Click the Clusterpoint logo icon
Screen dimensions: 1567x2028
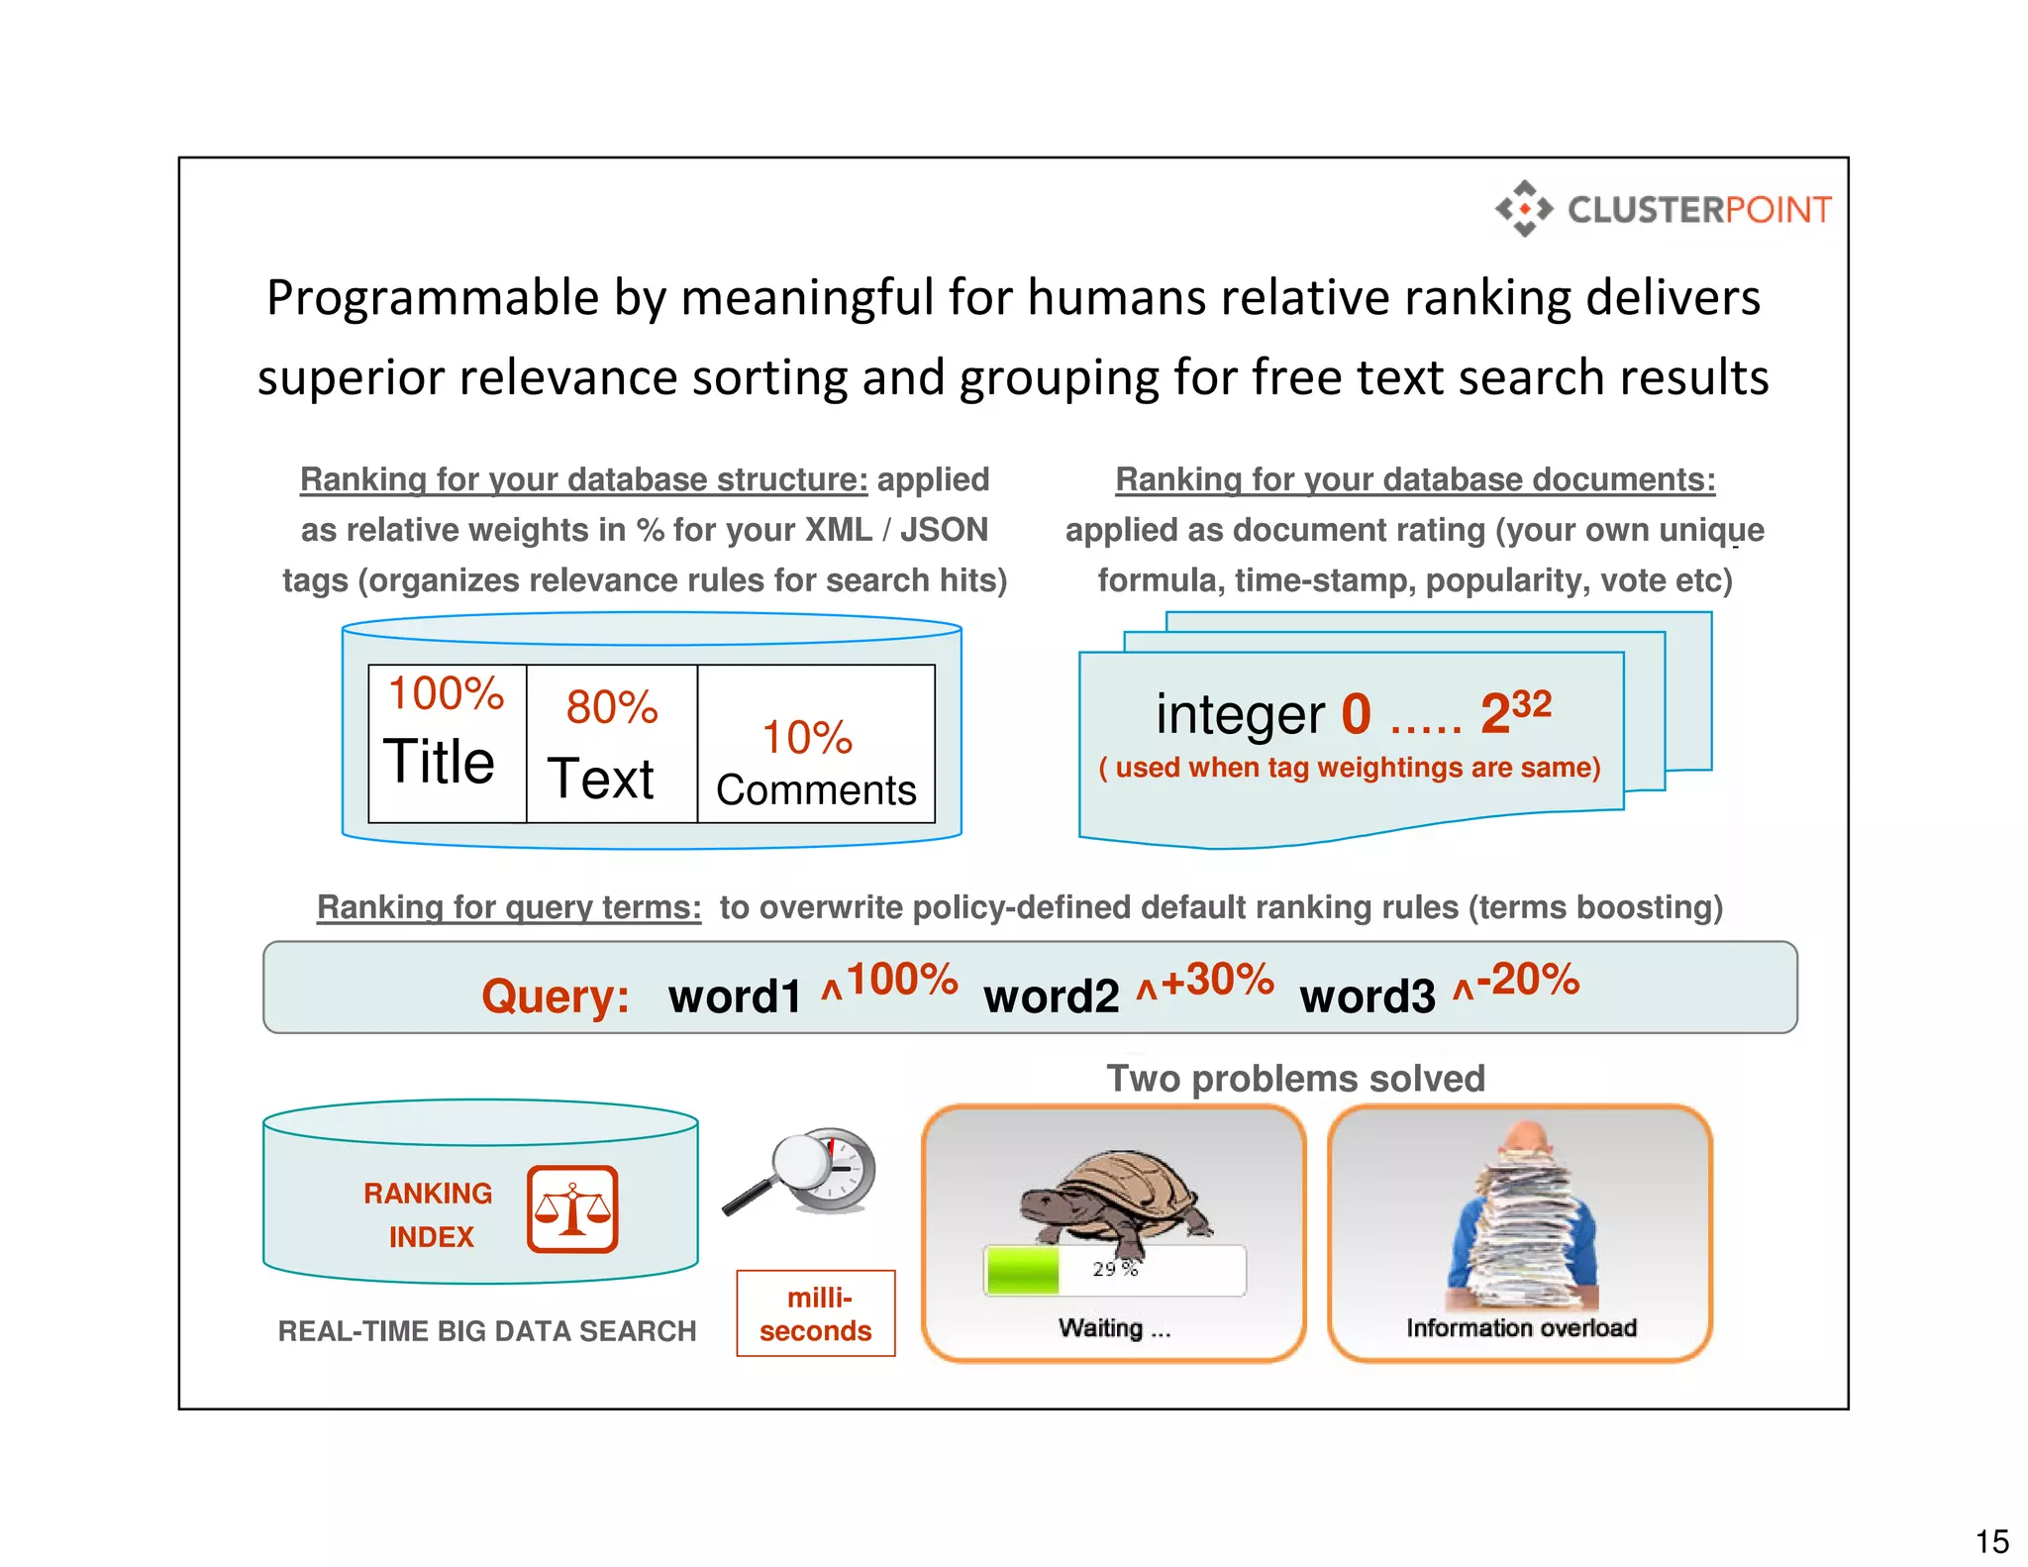pos(1524,209)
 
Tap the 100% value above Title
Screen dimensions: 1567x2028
pos(446,693)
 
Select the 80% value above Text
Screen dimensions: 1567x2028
pos(612,707)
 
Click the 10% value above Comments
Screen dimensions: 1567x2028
pos(807,738)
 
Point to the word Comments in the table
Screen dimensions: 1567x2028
pos(816,790)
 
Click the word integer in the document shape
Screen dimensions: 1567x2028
pos(1240,715)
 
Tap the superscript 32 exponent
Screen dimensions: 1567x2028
pos(1531,703)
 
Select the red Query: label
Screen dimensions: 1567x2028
pos(556,995)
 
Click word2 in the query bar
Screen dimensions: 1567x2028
pos(1051,996)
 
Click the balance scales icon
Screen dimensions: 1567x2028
pos(572,1209)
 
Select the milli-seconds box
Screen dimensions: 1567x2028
pos(816,1313)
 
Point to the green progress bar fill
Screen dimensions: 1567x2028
pos(1023,1271)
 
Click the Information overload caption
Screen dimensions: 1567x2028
pos(1521,1328)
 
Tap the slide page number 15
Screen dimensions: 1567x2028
pos(1991,1542)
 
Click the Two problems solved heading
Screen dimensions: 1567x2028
pos(1295,1079)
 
